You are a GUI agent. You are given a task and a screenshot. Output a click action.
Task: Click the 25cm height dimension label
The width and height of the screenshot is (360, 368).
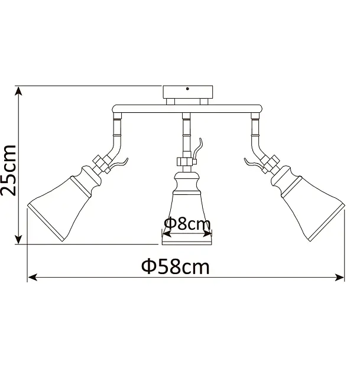[8, 170]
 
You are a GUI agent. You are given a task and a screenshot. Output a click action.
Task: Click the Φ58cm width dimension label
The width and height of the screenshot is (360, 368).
[175, 266]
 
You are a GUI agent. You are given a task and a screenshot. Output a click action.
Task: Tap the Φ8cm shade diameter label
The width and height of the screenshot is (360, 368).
[187, 223]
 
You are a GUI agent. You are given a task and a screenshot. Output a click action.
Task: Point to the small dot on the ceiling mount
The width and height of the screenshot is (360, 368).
[187, 89]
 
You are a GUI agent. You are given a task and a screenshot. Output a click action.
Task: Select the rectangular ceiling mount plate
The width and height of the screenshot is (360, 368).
[187, 92]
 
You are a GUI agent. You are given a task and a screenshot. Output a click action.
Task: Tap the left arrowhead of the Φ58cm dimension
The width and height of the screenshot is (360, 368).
[33, 277]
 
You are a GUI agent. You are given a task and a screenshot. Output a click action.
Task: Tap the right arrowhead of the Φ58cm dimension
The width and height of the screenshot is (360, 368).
[339, 277]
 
